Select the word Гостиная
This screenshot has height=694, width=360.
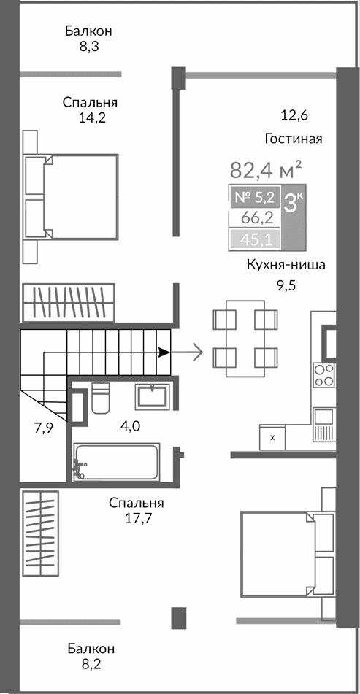click(294, 139)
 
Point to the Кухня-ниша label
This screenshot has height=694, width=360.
click(286, 265)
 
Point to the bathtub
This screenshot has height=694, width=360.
click(118, 463)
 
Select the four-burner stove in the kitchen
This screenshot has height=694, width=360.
click(323, 375)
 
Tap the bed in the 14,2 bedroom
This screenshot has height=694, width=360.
click(72, 196)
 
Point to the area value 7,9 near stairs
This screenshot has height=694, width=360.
click(44, 428)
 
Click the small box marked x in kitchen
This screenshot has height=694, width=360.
click(272, 437)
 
